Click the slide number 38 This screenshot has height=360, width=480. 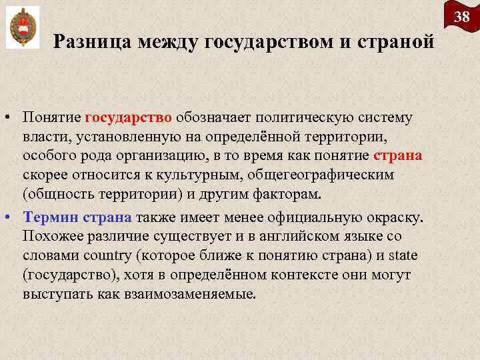click(462, 16)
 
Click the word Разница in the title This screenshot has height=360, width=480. click(93, 42)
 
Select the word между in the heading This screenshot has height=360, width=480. click(169, 42)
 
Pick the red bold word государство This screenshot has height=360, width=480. click(129, 118)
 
